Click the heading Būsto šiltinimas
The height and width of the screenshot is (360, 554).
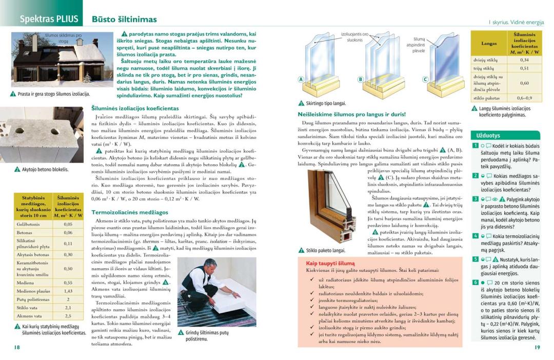124,19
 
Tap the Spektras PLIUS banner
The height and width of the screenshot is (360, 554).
49,19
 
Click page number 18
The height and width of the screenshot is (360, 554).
17,347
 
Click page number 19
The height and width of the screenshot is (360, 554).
537,347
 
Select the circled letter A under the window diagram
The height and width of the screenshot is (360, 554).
302,79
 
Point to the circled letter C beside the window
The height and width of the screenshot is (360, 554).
425,79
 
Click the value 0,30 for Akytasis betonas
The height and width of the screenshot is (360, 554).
68,254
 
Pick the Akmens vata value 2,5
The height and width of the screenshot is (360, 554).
68,316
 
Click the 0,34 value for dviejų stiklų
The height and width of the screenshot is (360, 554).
524,60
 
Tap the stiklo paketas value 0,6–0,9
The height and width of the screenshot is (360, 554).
524,97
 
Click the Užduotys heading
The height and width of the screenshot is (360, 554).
488,135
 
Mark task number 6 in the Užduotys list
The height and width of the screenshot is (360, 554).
476,283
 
